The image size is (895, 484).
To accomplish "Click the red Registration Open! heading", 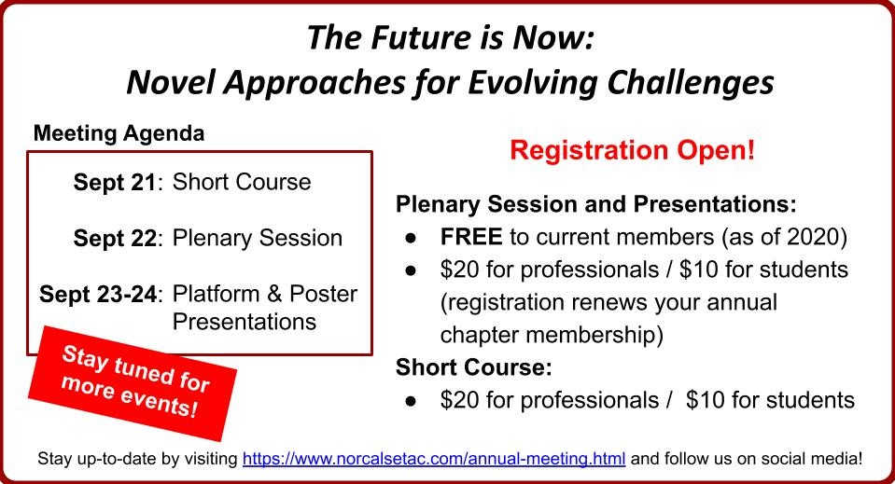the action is (632, 150).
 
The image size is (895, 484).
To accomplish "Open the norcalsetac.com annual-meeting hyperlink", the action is (434, 458).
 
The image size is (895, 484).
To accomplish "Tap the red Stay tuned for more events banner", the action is (133, 382).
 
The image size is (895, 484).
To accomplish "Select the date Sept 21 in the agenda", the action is (114, 183).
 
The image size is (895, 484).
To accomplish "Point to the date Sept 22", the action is (114, 239).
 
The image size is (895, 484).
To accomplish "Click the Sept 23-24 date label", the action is (98, 294).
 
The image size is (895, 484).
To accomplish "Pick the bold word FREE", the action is (471, 237).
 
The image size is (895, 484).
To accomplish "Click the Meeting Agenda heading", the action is (119, 133).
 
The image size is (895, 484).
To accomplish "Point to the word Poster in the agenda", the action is (323, 294).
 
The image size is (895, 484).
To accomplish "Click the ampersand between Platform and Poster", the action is (274, 294).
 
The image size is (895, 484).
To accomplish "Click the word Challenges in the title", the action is (690, 83).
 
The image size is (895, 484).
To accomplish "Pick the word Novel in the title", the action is (170, 83).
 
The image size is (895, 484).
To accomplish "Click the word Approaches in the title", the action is (314, 84).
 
